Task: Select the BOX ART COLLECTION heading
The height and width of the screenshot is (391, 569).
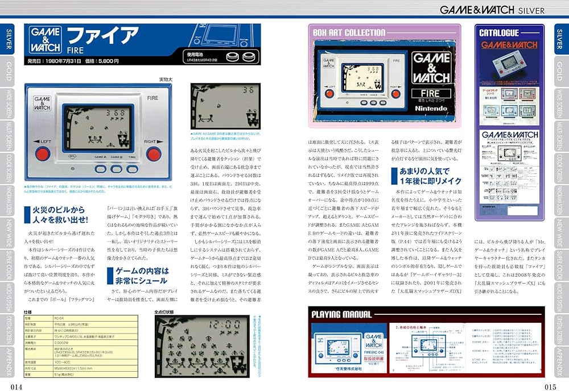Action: (349, 32)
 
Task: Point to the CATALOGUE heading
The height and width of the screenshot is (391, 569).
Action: (498, 33)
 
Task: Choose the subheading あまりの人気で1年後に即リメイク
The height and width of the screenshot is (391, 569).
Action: (420, 176)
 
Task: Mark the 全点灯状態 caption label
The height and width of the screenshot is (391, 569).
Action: (166, 312)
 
